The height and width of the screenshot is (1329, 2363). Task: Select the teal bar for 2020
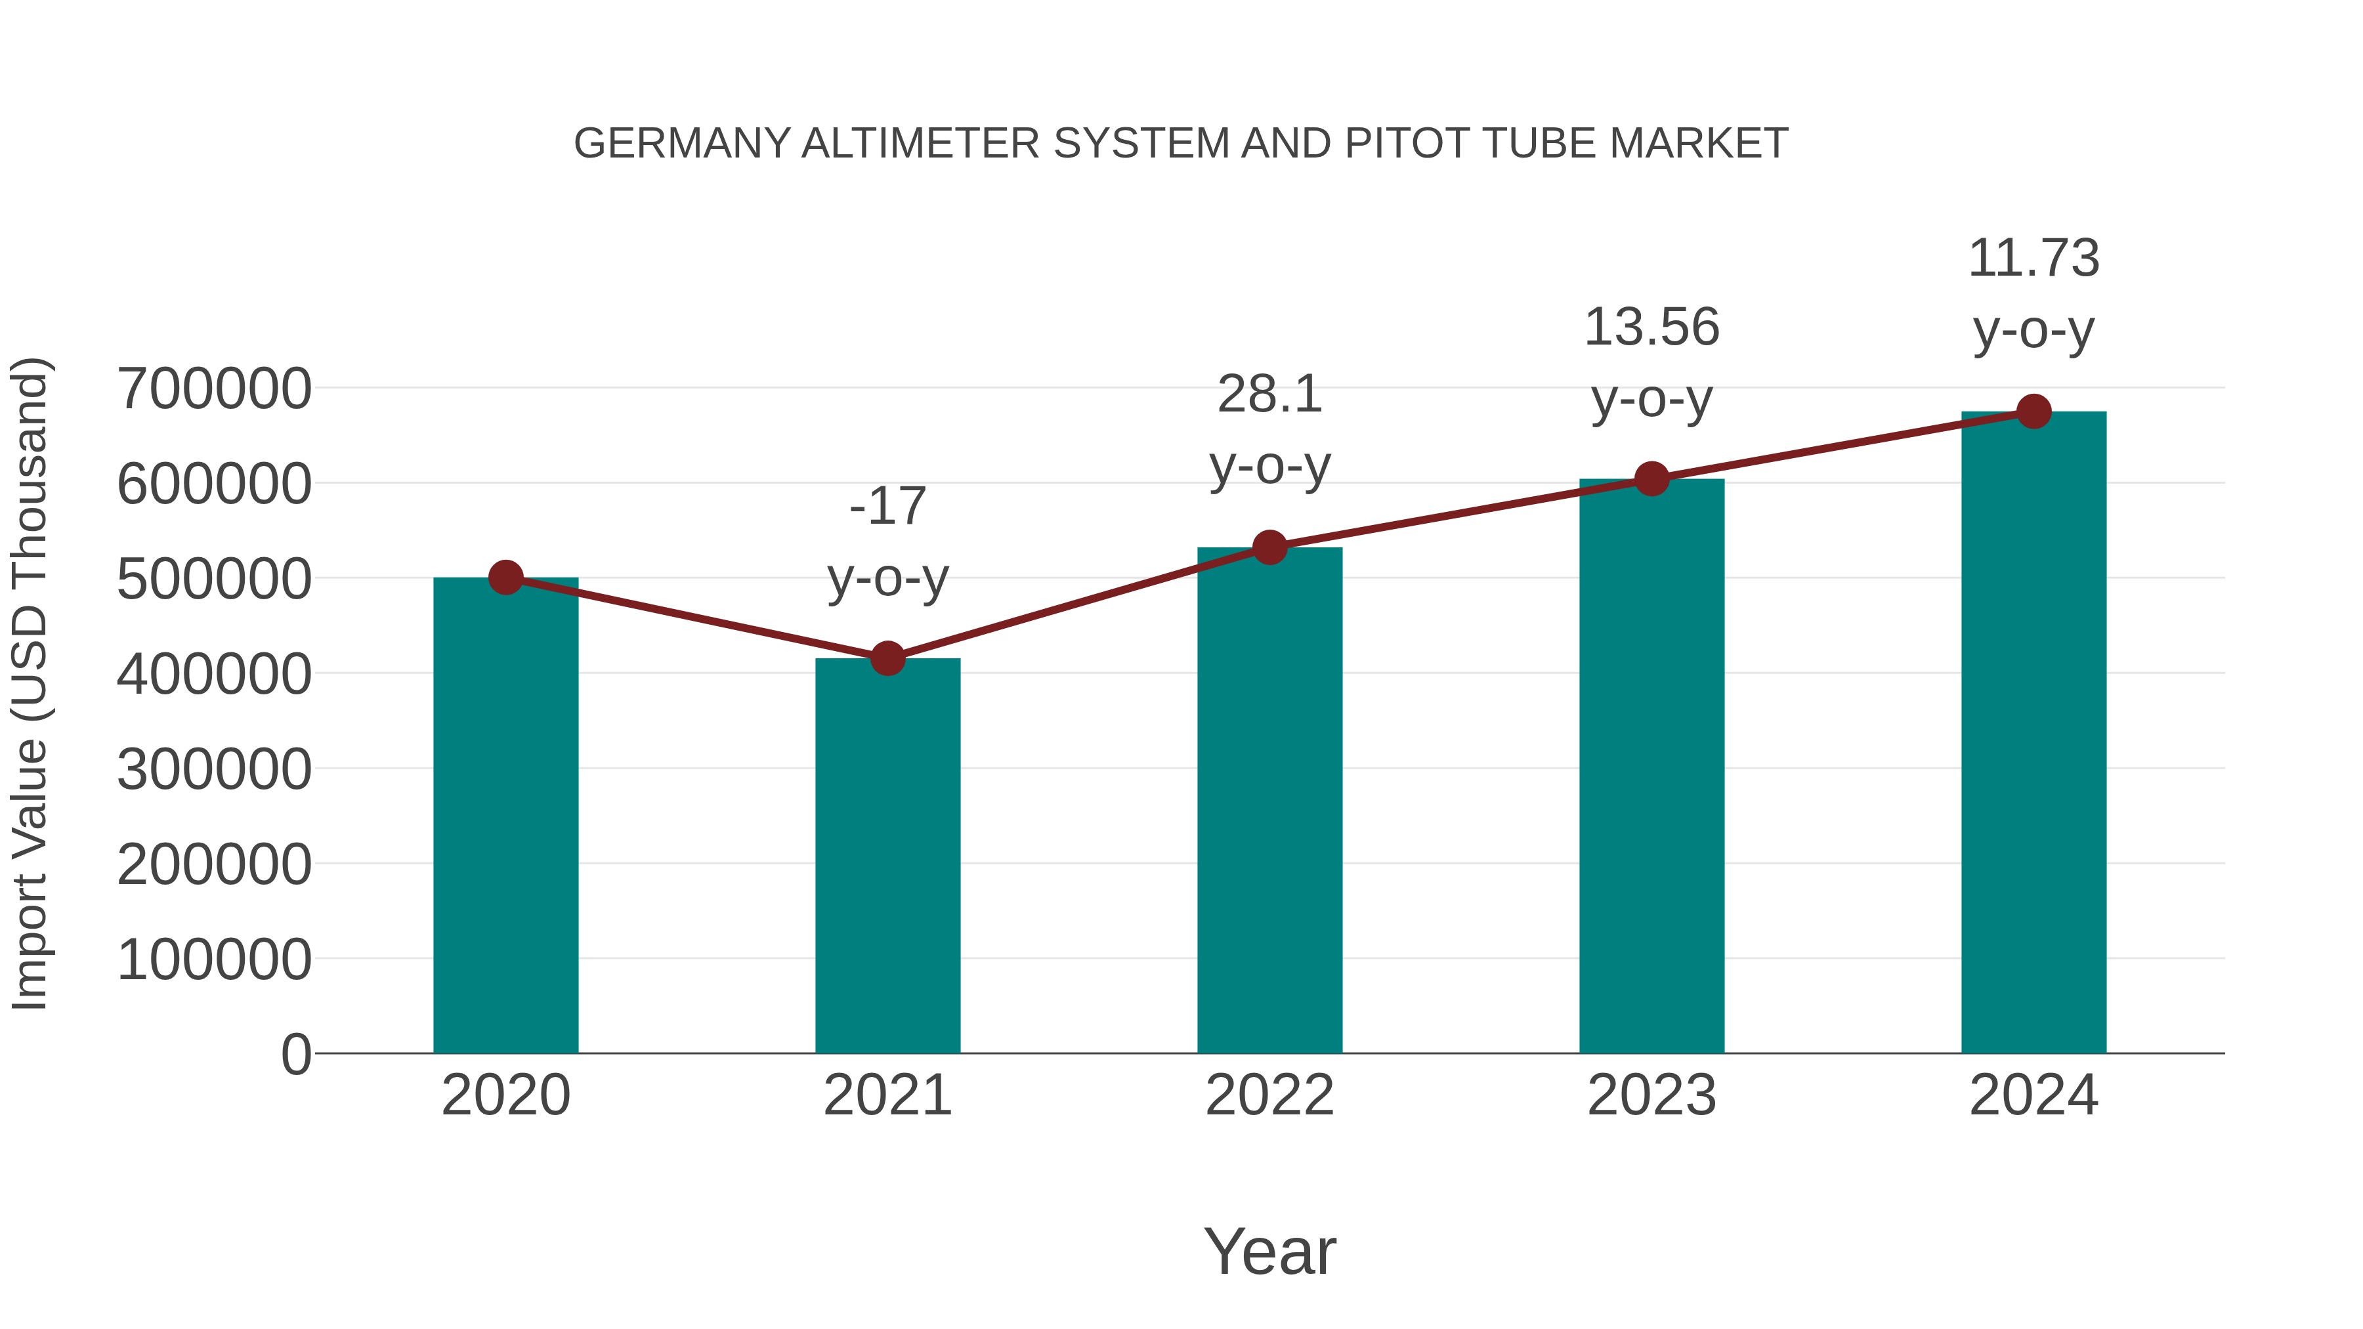coord(505,816)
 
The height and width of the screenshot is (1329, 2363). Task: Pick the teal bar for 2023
coord(1651,767)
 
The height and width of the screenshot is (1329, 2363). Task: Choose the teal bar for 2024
coord(2033,733)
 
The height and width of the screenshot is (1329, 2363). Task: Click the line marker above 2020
coord(505,578)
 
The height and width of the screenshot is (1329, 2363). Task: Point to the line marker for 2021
coord(887,658)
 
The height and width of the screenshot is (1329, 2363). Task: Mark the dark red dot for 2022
coord(1269,547)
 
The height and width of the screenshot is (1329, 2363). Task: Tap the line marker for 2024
coord(2033,411)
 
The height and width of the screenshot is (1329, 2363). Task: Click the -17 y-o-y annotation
coord(887,542)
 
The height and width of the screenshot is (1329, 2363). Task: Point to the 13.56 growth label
coord(1651,362)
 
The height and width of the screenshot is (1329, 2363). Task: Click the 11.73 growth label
coord(2033,293)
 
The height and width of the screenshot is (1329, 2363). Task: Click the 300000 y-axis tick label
coord(215,769)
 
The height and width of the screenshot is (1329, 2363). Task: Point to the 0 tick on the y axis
coord(295,1054)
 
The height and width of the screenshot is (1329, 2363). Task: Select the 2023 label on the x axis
coord(1651,1095)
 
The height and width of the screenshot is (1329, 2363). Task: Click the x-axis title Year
coord(1269,1251)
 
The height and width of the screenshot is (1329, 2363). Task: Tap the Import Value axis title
coord(30,683)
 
